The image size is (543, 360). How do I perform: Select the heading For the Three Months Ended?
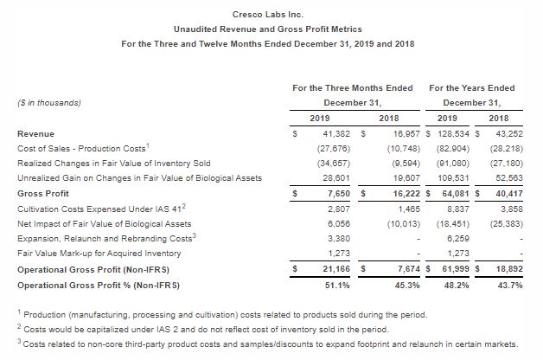point(347,87)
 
